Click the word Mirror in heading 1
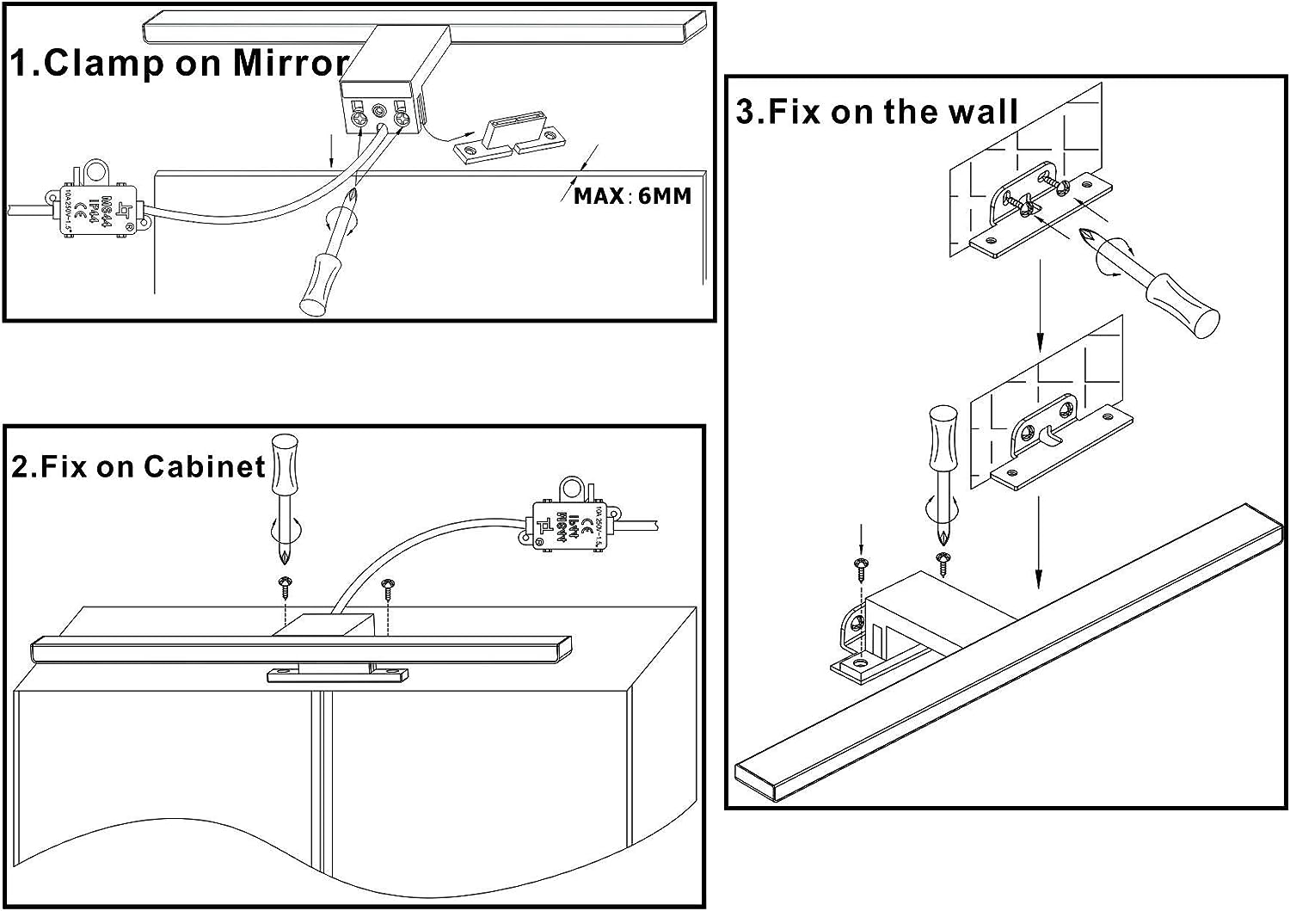click(290, 64)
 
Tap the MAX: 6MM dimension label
click(632, 196)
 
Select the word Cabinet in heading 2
click(205, 466)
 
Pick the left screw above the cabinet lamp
click(284, 587)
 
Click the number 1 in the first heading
click(21, 64)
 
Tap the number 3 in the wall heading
click(746, 113)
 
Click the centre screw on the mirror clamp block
click(379, 111)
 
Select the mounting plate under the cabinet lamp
click(337, 675)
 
